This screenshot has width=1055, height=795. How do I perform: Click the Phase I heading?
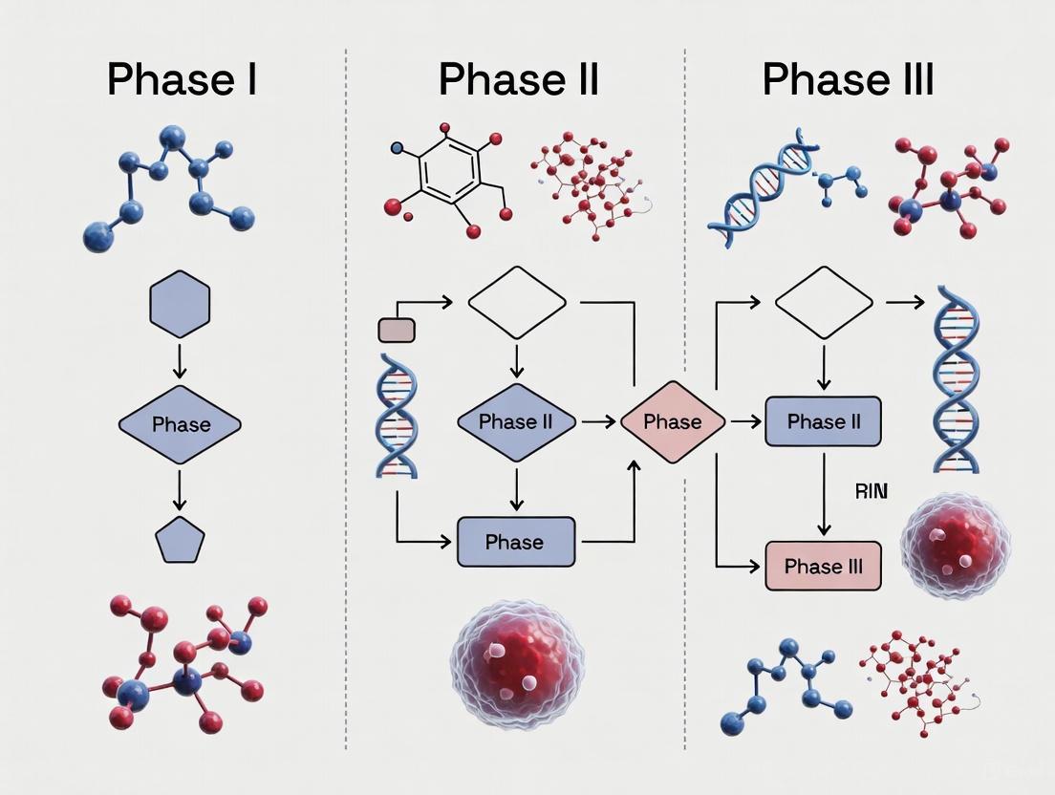click(182, 78)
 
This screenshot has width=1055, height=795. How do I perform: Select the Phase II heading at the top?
click(518, 78)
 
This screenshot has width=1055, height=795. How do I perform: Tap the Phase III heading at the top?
click(848, 78)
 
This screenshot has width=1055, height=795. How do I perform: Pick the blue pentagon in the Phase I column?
click(180, 540)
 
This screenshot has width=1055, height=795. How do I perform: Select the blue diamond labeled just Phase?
click(180, 424)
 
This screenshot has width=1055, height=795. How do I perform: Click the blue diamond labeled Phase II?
click(516, 421)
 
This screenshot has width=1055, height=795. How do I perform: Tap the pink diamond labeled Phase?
click(673, 422)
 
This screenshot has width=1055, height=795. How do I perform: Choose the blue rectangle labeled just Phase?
click(516, 542)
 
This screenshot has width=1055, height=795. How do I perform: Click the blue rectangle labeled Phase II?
click(823, 421)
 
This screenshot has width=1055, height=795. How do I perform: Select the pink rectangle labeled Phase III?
click(823, 566)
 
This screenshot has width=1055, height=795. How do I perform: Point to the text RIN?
click(871, 491)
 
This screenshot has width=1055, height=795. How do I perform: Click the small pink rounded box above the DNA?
click(397, 331)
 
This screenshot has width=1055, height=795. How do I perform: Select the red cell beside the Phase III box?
click(954, 544)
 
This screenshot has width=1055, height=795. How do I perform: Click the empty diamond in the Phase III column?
click(824, 303)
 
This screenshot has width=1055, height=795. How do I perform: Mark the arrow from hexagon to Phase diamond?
click(180, 360)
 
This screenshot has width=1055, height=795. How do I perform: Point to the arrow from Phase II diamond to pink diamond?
click(598, 421)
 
